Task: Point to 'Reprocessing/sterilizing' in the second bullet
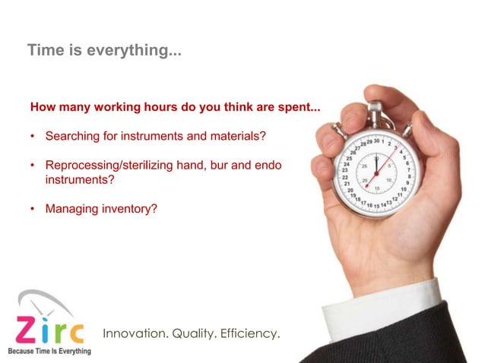coord(106,165)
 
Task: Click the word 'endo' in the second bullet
coord(270,165)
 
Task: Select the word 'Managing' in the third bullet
coord(69,207)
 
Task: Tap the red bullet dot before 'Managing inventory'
coord(33,207)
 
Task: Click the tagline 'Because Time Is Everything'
coord(49,351)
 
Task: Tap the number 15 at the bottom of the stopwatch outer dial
coord(376,205)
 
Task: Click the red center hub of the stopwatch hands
coord(376,172)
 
